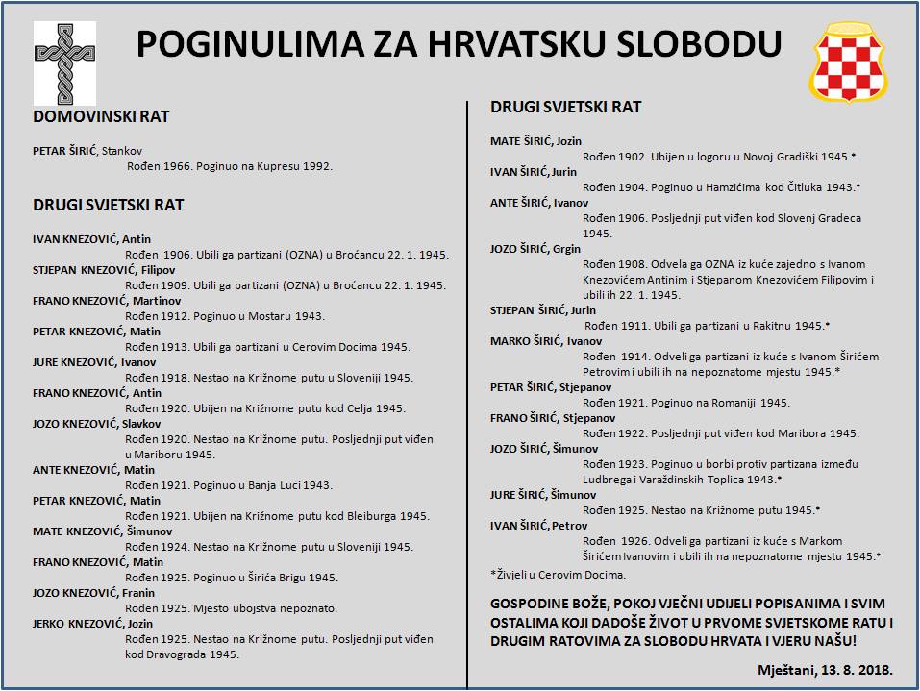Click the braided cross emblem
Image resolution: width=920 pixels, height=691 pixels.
(x=65, y=63)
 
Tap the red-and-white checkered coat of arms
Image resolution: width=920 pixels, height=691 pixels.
(x=850, y=64)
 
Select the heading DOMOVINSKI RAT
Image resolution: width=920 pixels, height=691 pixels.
(x=102, y=116)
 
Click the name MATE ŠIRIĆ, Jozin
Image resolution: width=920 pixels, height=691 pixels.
(x=535, y=141)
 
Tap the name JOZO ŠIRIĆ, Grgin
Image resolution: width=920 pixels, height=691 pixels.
(x=535, y=249)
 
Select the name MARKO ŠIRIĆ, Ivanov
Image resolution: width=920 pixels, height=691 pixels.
(x=546, y=340)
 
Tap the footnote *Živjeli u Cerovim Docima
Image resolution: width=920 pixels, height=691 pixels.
(x=558, y=574)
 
